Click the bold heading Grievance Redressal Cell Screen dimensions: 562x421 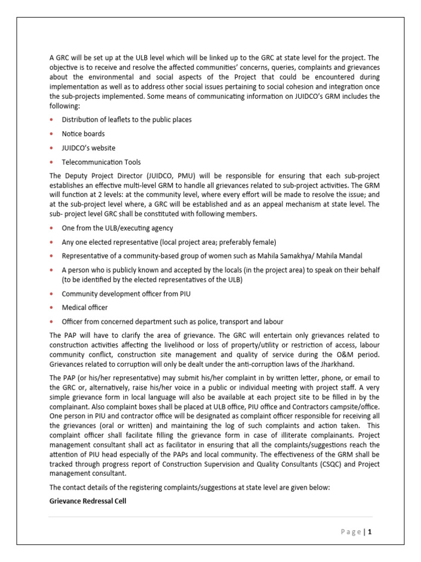pos(88,501)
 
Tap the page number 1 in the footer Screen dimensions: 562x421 pos(370,531)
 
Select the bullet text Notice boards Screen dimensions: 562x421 pos(83,133)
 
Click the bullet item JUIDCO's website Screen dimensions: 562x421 pos(88,148)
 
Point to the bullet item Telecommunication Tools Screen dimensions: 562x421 pos(101,162)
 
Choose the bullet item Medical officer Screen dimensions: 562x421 pos(84,307)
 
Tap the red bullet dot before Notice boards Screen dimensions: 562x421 pos(52,133)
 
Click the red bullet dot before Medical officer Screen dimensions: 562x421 pos(52,307)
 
